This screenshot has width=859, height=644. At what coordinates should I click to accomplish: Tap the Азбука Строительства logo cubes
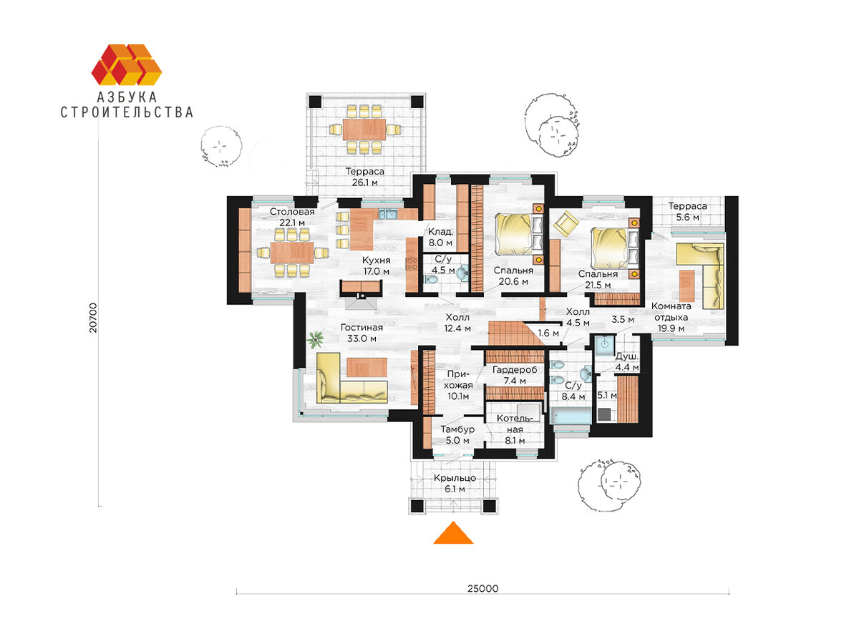coord(127,64)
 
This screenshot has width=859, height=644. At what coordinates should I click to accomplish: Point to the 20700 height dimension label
coord(93,318)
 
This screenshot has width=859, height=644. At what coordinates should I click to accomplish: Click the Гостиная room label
coord(361,328)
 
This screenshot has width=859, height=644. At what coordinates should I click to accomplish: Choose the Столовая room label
coord(292,212)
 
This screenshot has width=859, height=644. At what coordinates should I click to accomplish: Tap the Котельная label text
coord(515,424)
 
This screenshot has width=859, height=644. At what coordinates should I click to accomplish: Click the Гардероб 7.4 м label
coord(515,375)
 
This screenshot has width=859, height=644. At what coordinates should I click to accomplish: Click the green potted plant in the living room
coord(315,339)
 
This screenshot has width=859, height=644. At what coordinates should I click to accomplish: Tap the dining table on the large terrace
coord(364,129)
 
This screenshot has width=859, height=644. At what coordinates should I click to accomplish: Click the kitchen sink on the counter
coord(387,214)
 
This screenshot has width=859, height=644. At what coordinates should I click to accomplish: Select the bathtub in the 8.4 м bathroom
coord(571,415)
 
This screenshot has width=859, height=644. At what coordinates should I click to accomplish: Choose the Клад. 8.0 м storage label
coord(440,237)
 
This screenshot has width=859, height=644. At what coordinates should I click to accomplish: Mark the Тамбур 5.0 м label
coord(457,435)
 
